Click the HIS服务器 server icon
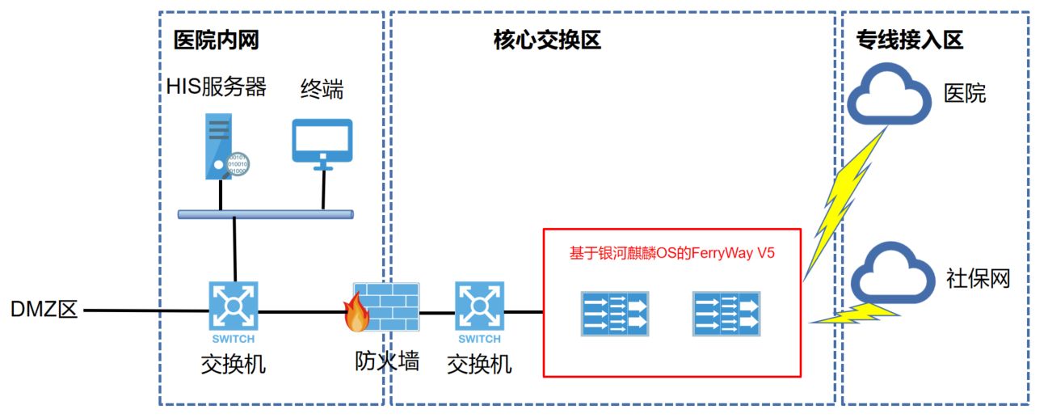pyautogui.click(x=222, y=146)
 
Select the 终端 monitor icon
pyautogui.click(x=322, y=142)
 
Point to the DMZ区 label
pyautogui.click(x=44, y=310)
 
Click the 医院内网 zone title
pyautogui.click(x=217, y=40)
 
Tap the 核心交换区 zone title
pyautogui.click(x=547, y=40)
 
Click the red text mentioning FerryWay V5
pyautogui.click(x=672, y=252)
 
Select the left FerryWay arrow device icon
pyautogui.click(x=615, y=314)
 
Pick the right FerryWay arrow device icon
pyautogui.click(x=726, y=314)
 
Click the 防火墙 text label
pyautogui.click(x=387, y=361)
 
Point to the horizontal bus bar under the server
pyautogui.click(x=265, y=214)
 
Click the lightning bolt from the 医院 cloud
pyautogui.click(x=845, y=202)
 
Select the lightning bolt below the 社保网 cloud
pyautogui.click(x=852, y=315)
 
